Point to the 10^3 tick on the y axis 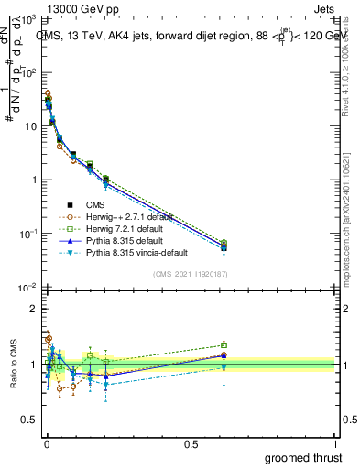click(x=28, y=19)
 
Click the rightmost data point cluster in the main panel click(x=224, y=245)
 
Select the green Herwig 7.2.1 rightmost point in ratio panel click(x=224, y=345)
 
